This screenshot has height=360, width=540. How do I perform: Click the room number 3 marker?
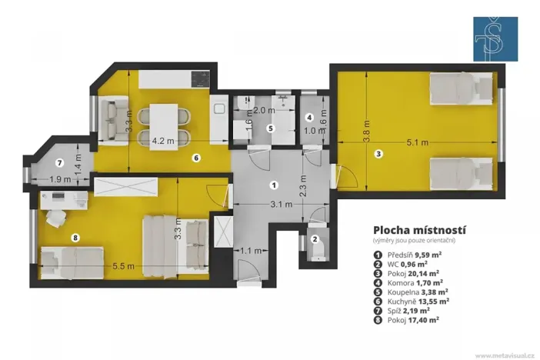(x=378, y=154)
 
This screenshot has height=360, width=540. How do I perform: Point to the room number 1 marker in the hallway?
(x=273, y=185)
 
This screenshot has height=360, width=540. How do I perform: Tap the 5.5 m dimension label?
(x=124, y=265)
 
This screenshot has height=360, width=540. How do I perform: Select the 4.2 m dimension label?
(x=163, y=141)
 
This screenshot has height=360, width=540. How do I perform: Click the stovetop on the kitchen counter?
(x=199, y=78)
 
